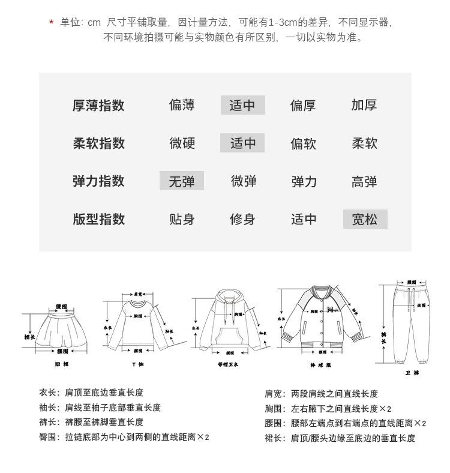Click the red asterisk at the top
tap(52, 23)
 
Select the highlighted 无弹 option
tap(182, 181)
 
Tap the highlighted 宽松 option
tap(365, 219)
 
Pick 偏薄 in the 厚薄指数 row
tap(182, 105)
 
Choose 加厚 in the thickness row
tap(364, 105)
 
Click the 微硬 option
tap(182, 143)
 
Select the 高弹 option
tap(364, 181)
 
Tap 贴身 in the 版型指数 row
tap(182, 219)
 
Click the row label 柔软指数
tap(99, 143)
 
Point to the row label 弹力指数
tap(99, 181)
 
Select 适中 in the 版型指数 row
tap(304, 219)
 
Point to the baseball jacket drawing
tap(322, 324)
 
